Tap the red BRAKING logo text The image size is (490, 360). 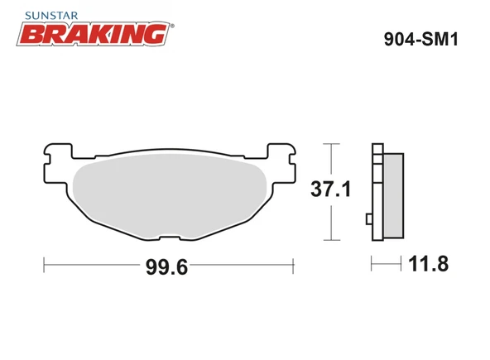93,34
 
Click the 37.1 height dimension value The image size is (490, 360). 330,190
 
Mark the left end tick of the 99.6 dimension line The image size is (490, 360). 44,265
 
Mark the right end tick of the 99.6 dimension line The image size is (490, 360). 294,265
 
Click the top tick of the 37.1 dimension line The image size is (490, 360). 331,144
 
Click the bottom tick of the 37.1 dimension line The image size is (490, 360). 331,240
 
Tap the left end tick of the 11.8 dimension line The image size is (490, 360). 372,265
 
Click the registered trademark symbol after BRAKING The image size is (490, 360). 171,26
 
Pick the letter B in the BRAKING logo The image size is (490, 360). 31,34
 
